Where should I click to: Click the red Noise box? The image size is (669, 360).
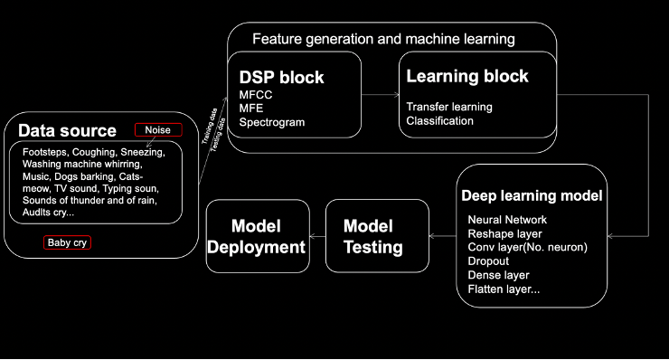[x=158, y=130]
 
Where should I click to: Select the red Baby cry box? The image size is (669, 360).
[x=68, y=243]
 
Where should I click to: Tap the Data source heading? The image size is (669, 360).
[x=67, y=131]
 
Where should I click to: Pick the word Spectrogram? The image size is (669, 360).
[x=272, y=122]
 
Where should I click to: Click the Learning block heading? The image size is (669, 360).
[x=466, y=77]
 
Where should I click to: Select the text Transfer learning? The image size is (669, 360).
[x=449, y=107]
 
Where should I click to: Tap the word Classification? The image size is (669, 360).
[x=439, y=120]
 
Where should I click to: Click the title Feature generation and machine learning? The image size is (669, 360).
[x=383, y=40]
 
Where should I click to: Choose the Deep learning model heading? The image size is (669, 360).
[x=532, y=195]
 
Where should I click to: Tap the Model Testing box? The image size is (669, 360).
[x=376, y=236]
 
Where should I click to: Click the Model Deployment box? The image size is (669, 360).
[x=256, y=236]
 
